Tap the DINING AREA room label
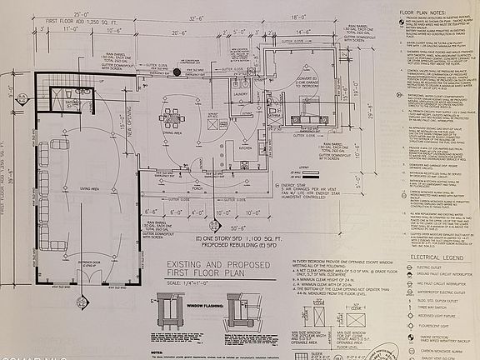pyautogui.click(x=172, y=132)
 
